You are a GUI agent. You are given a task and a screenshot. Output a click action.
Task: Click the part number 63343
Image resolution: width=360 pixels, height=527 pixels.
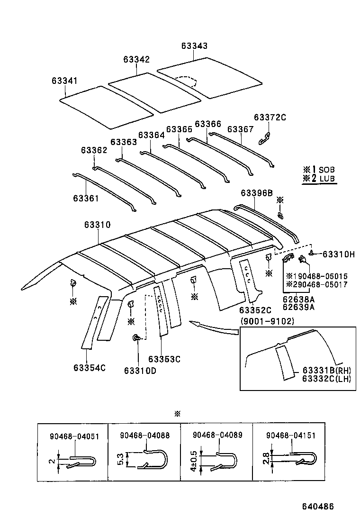point(194,46)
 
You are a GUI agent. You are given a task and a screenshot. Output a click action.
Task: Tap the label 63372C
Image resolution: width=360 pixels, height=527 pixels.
point(270,117)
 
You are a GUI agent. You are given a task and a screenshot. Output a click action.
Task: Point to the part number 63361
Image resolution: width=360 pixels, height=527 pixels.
point(86,198)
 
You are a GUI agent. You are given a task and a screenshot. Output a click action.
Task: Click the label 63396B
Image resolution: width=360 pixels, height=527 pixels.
point(256,193)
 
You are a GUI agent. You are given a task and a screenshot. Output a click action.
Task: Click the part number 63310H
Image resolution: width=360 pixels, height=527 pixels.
point(338,254)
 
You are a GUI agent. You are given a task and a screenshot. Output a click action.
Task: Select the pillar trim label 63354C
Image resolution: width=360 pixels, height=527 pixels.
point(90,367)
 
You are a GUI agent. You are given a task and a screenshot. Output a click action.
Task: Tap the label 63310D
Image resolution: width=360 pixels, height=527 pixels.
point(140,370)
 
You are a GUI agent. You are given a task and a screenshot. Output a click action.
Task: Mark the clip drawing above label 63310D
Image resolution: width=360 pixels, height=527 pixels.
point(136,338)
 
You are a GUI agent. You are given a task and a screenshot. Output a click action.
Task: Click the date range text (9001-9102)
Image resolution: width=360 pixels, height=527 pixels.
point(267,321)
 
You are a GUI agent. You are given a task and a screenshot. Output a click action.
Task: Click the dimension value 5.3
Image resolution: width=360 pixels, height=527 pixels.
point(120,460)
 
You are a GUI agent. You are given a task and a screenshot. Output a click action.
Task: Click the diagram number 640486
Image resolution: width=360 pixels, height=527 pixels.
point(318,506)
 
